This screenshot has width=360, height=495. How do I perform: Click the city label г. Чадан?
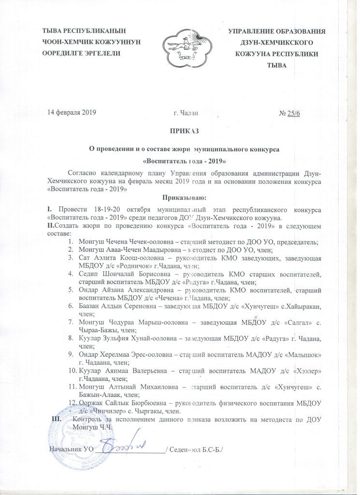[185, 114]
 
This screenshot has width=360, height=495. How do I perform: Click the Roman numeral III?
[57, 420]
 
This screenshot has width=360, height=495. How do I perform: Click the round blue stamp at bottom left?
[72, 440]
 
